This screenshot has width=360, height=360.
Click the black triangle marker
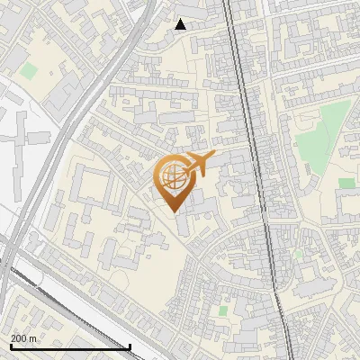tap(181, 24)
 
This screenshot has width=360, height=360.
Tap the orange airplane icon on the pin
tap(197, 166)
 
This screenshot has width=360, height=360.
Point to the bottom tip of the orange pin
tap(173, 211)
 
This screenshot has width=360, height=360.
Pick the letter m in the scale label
tap(33, 339)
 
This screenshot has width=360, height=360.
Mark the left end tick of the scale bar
tap(10, 346)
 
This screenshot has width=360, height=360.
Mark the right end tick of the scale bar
tap(130, 346)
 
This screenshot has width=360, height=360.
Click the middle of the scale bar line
tap(70, 347)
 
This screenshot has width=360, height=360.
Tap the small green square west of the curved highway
tap(30, 69)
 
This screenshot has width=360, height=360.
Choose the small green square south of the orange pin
tap(222, 310)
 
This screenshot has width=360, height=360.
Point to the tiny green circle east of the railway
tap(298, 255)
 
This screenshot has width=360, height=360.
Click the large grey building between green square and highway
tap(63, 90)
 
